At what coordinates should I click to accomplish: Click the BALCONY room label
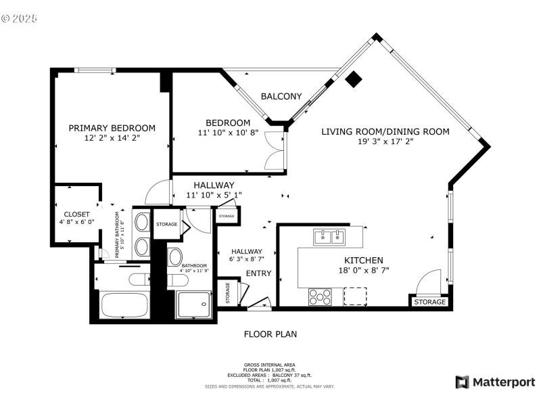click(x=281, y=97)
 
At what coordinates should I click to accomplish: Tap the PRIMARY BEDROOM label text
click(x=112, y=128)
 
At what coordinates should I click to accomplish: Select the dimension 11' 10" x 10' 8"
click(x=228, y=133)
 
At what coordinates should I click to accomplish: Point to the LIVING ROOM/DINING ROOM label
click(x=385, y=132)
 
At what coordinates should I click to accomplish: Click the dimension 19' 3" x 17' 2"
click(x=385, y=142)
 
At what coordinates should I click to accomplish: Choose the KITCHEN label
click(x=364, y=261)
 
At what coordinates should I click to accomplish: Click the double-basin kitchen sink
click(x=329, y=237)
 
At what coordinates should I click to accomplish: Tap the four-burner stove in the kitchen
click(x=320, y=296)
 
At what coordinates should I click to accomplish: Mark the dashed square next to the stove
click(x=355, y=296)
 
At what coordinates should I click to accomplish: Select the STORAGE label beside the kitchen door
click(x=429, y=302)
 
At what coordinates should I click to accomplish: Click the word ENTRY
click(x=258, y=273)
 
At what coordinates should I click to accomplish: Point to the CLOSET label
click(x=76, y=215)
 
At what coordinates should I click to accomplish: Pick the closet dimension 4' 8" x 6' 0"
click(x=76, y=222)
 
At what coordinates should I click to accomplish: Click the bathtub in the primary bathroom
click(x=124, y=304)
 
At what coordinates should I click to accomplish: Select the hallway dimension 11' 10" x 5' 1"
click(x=214, y=196)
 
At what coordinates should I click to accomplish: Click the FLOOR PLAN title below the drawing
click(x=270, y=334)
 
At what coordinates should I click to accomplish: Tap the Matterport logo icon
click(x=463, y=382)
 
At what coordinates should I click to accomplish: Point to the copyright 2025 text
click(x=20, y=18)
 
